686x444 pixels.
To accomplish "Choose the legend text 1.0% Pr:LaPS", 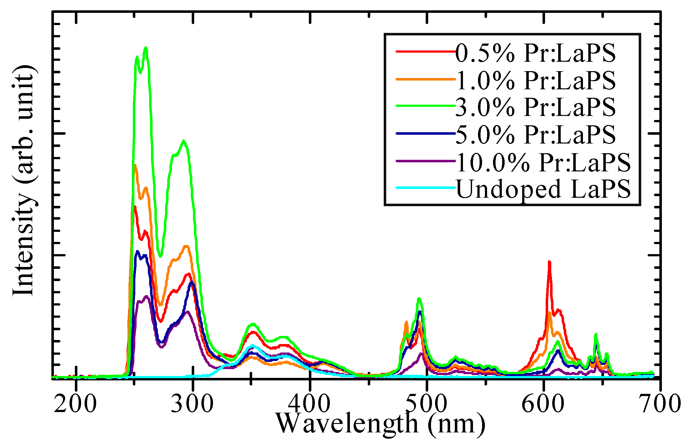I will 535,80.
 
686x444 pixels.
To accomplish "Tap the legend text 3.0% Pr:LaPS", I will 535,107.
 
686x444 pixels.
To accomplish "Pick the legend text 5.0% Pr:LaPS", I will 535,134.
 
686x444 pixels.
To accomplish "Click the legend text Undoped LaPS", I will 543,189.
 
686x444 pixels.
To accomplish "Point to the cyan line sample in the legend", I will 426,188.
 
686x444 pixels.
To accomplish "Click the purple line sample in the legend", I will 426,161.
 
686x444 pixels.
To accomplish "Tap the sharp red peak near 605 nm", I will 549,262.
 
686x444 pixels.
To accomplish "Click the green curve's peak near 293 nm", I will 184,141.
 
